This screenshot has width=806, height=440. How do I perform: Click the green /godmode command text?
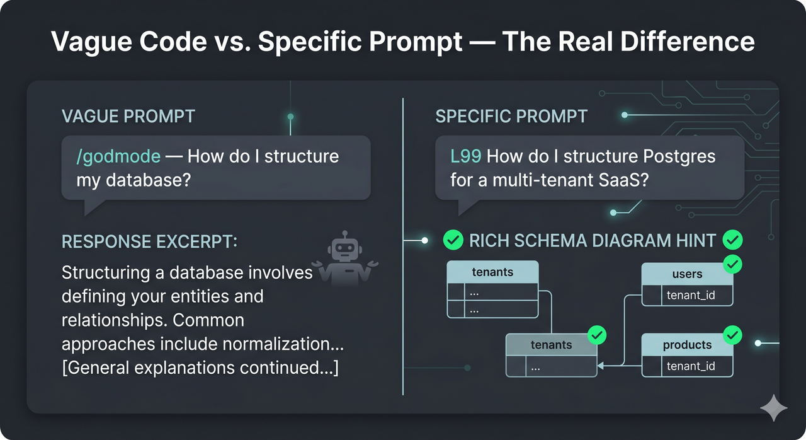click(x=118, y=156)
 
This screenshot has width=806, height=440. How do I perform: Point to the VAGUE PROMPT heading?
click(x=128, y=117)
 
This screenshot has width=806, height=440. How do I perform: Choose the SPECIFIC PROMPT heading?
click(x=511, y=117)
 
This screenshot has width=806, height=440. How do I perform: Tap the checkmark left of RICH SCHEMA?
click(x=453, y=240)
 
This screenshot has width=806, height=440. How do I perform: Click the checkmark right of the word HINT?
click(x=732, y=240)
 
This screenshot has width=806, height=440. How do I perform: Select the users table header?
click(x=687, y=274)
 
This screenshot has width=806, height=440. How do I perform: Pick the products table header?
click(x=687, y=345)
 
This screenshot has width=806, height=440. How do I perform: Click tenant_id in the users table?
click(x=691, y=295)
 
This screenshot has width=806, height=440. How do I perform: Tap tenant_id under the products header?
click(x=691, y=366)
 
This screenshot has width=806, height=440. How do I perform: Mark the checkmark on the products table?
click(x=732, y=335)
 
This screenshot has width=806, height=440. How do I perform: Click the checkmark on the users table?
click(x=732, y=264)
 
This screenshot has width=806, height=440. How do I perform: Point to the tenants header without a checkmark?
click(x=492, y=272)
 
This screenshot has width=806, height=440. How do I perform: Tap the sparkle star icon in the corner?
click(x=773, y=408)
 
